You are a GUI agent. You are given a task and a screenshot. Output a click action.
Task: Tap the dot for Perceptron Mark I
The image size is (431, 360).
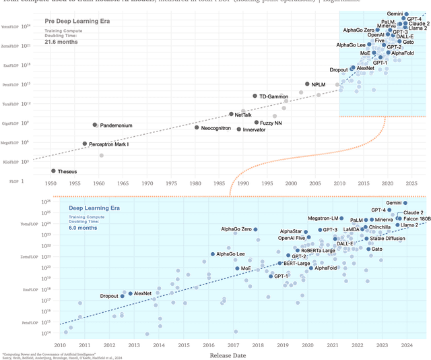tap(85, 144)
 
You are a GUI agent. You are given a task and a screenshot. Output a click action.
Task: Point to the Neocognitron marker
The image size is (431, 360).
tap(197, 127)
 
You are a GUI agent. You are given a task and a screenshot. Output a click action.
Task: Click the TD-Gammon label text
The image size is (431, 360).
tap(273, 96)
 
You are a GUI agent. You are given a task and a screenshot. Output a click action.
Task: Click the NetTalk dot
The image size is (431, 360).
tap(231, 115)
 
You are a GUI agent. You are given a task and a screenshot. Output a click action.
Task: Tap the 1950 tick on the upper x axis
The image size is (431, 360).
tap(51, 183)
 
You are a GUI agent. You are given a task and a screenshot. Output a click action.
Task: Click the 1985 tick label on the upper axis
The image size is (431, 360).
tap(220, 183)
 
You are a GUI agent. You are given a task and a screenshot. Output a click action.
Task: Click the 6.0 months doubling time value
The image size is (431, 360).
tap(83, 228)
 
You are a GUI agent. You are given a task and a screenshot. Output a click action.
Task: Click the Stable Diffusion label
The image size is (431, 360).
tap(387, 238)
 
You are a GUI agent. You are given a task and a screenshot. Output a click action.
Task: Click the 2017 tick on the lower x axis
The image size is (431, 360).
tap(233, 344)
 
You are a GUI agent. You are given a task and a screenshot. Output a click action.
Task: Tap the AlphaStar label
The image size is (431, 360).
tap(292, 231)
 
